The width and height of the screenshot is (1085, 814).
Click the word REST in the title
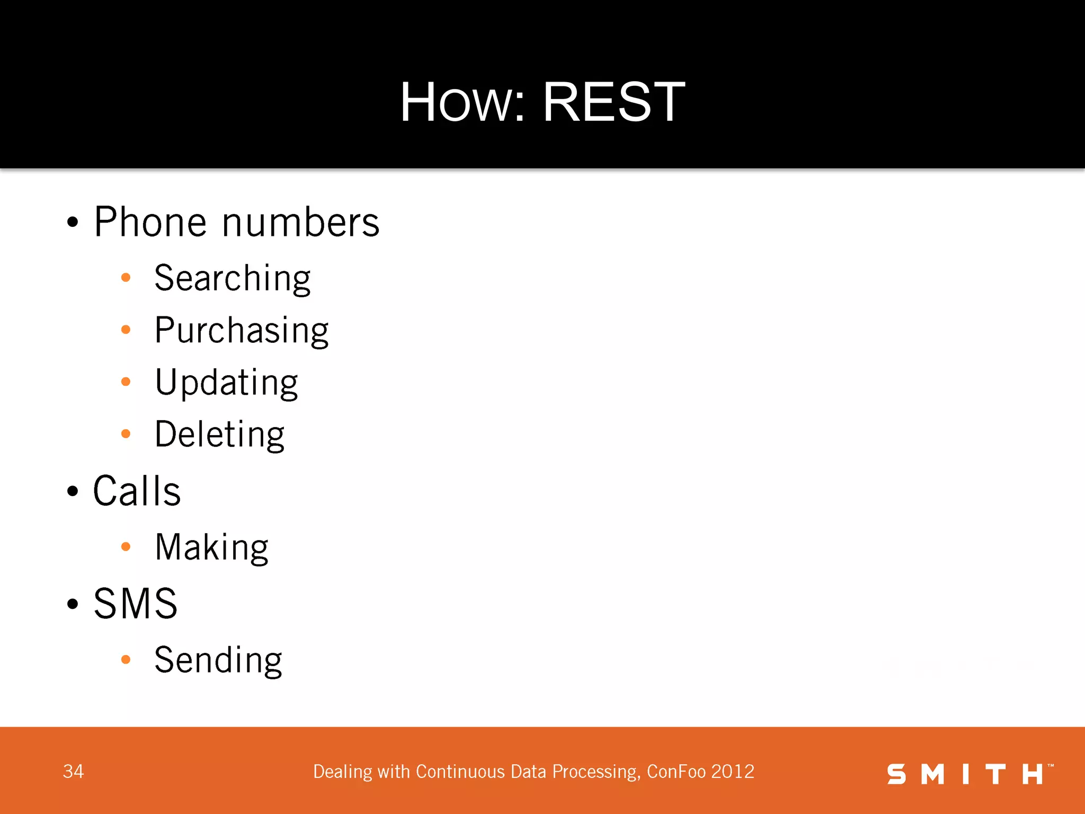click(x=613, y=102)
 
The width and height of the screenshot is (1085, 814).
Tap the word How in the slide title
click(x=461, y=102)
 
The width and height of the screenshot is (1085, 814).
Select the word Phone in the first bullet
click(x=150, y=222)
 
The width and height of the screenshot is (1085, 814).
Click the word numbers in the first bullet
click(x=300, y=222)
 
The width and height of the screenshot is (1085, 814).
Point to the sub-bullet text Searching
click(x=232, y=278)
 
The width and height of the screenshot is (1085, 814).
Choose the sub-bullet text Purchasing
click(x=241, y=330)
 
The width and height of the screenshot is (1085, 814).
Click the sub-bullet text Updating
click(x=226, y=382)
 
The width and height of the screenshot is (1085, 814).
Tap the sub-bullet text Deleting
click(x=219, y=434)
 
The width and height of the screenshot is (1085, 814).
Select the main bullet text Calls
click(x=137, y=491)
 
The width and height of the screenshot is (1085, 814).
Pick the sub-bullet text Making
click(x=211, y=547)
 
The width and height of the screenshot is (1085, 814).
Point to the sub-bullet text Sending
click(x=218, y=660)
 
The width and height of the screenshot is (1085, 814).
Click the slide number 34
click(x=73, y=772)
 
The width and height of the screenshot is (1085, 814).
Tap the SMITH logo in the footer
click(x=969, y=774)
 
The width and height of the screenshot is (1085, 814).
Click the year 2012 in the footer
click(x=733, y=772)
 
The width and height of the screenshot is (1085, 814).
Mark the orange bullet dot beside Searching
click(x=126, y=277)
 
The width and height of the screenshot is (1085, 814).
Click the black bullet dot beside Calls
click(x=73, y=491)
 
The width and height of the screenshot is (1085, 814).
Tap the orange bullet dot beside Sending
click(x=126, y=659)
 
